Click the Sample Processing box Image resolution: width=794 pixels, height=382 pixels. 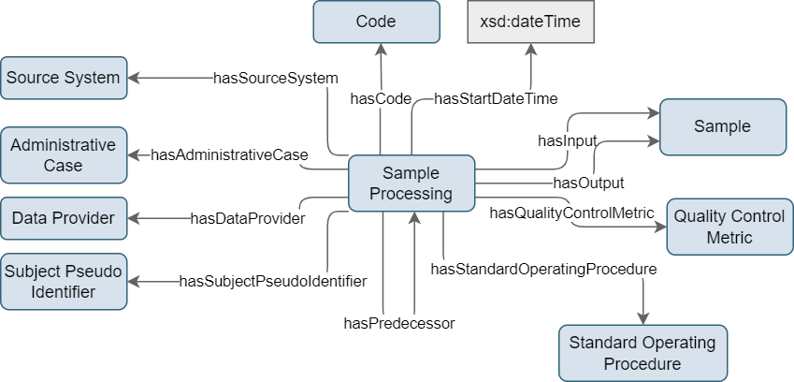coord(411,183)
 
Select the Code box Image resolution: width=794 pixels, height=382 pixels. coord(376,22)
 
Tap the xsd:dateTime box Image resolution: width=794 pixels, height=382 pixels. coord(530,22)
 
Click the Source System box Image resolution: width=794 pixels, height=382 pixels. coord(64,78)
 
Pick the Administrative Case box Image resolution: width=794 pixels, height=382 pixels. coord(64,155)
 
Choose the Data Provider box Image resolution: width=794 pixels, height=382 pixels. coord(64,218)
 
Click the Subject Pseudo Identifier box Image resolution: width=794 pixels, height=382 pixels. coord(64,282)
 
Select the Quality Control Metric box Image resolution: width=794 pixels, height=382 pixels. coord(729,227)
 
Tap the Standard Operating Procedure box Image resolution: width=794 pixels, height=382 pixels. coord(642,353)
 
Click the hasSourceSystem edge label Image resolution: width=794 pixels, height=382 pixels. coord(276,79)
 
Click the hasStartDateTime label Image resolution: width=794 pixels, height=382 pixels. coord(496,99)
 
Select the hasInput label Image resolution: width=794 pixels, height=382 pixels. coord(567,140)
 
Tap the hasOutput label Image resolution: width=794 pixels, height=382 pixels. coord(588,183)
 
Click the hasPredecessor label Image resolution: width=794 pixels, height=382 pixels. coord(399,323)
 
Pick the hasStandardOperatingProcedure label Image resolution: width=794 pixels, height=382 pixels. coord(544,269)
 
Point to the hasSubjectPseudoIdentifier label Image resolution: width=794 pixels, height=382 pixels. coord(273,281)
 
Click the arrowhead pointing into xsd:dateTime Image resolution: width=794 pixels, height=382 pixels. coord(530,50)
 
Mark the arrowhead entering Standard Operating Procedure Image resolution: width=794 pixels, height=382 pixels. coord(643,318)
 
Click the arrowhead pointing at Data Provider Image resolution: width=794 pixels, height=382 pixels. coord(134,218)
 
